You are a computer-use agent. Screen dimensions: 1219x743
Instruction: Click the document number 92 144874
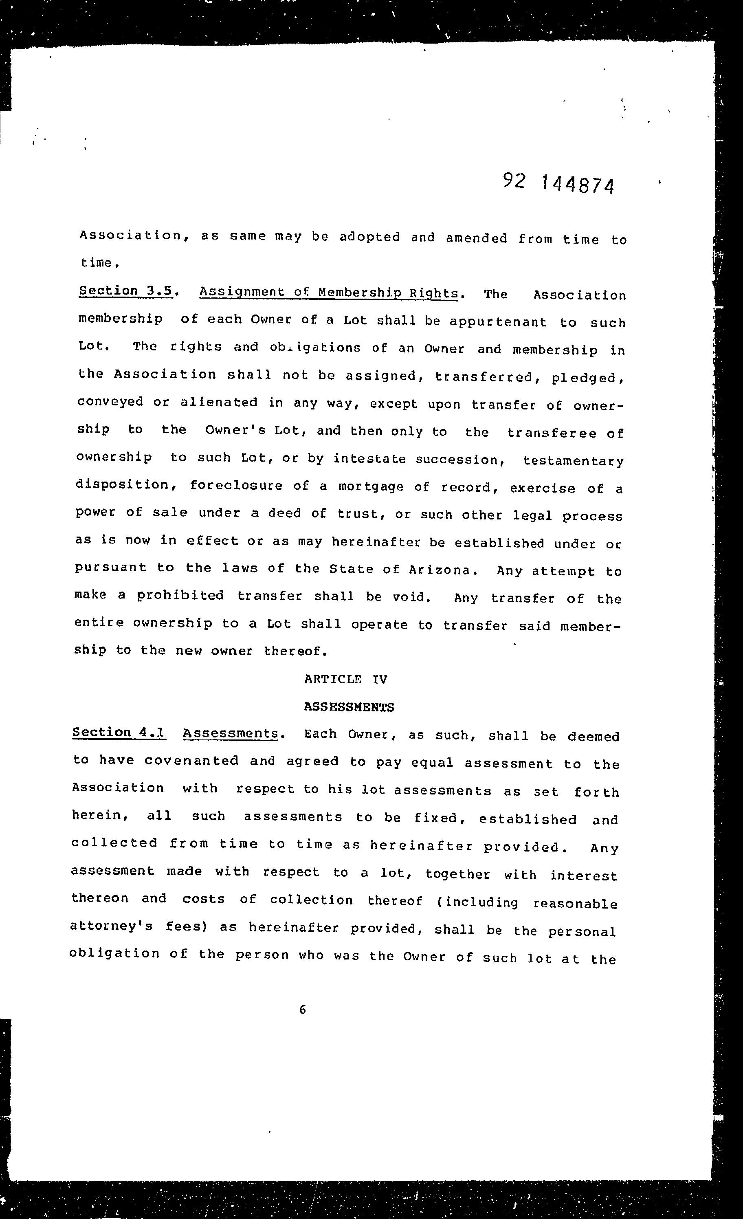point(558,184)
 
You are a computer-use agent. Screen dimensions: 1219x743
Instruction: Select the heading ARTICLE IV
point(346,679)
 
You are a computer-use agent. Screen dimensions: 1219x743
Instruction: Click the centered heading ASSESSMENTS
point(349,707)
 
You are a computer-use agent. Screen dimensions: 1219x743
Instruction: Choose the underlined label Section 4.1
point(119,733)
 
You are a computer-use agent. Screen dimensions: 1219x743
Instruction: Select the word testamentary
point(573,461)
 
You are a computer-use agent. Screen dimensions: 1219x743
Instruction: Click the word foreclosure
point(236,485)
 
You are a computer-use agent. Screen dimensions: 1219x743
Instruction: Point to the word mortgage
point(371,486)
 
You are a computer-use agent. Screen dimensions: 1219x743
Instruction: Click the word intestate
point(369,459)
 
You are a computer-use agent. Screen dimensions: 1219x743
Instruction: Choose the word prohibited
point(180,595)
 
